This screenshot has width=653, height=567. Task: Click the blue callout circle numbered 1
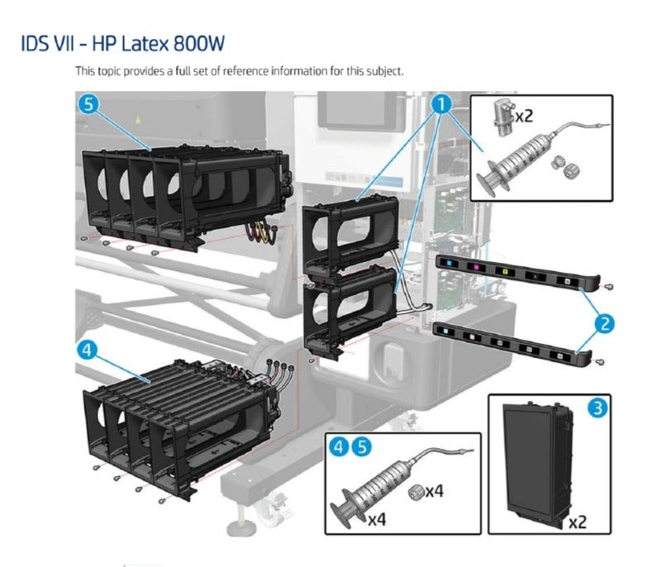pyautogui.click(x=442, y=104)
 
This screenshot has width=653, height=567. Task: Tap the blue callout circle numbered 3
pyautogui.click(x=595, y=408)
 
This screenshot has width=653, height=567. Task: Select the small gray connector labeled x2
pyautogui.click(x=498, y=117)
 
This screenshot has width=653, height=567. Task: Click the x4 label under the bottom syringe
pyautogui.click(x=378, y=520)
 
